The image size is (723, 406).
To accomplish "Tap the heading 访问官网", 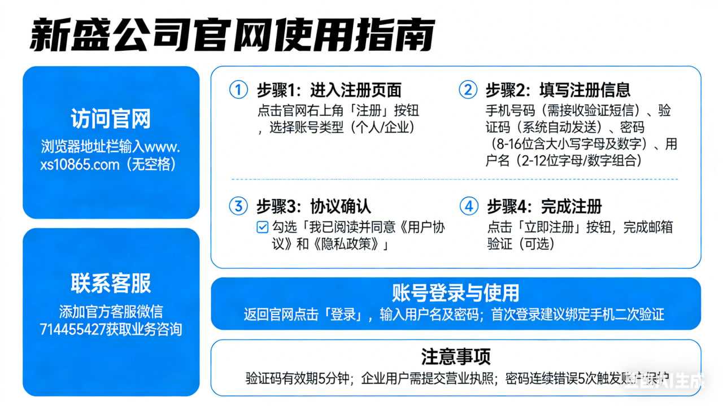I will click(x=111, y=119).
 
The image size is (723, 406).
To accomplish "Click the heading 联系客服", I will click(x=111, y=283).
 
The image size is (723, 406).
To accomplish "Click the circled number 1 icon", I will click(x=239, y=90).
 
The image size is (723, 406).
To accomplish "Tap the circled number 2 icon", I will click(x=468, y=90).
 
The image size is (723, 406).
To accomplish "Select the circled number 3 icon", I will click(x=239, y=206).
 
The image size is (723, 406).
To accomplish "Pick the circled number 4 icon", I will click(x=468, y=206).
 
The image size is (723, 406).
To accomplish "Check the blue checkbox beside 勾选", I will click(x=262, y=228).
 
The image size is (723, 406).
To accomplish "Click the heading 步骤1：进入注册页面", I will click(x=329, y=90).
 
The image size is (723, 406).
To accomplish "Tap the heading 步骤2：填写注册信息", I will click(x=558, y=90).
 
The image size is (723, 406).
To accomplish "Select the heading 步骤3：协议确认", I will click(x=313, y=207).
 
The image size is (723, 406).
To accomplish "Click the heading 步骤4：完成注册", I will click(x=544, y=207).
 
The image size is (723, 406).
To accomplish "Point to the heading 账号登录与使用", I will click(x=455, y=293).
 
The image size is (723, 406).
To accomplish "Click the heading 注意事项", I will click(x=455, y=356).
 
